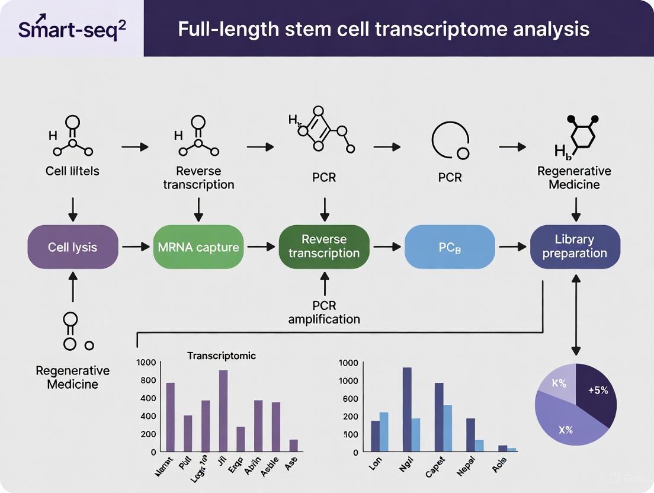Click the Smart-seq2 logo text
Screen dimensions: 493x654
click(x=72, y=29)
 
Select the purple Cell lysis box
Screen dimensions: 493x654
click(x=73, y=246)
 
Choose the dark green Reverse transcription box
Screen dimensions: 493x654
click(x=323, y=246)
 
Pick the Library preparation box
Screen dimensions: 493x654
click(x=574, y=246)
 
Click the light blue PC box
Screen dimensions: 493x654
click(x=449, y=246)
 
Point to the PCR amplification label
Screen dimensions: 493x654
click(x=324, y=312)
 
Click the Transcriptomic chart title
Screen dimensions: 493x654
click(x=222, y=356)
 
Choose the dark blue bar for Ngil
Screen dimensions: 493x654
click(x=407, y=409)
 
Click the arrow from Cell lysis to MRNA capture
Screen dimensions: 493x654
click(x=135, y=246)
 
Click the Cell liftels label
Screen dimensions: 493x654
click(x=72, y=171)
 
